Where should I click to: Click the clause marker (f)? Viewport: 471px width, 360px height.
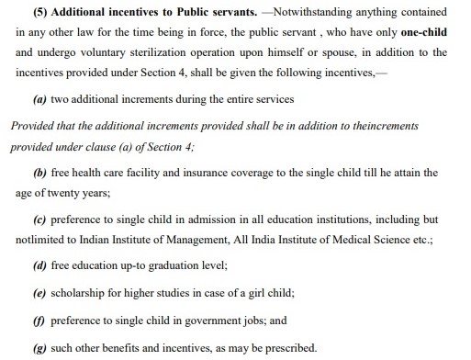38,321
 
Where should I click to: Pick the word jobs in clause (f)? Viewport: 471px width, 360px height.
239,321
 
